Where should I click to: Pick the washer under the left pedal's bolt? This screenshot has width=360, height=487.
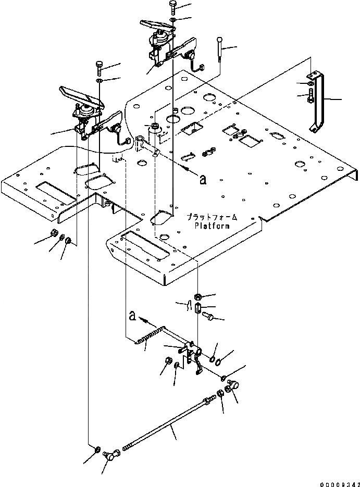click(100, 81)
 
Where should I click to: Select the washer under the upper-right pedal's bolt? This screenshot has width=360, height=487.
click(173, 20)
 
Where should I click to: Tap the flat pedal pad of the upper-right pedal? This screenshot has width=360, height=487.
click(155, 23)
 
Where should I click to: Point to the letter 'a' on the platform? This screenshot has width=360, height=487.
click(203, 179)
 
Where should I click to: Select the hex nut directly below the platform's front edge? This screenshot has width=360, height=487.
click(197, 296)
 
